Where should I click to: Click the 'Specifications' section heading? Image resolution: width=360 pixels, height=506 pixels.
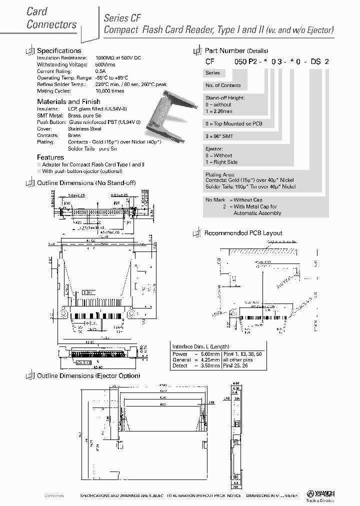[59, 50]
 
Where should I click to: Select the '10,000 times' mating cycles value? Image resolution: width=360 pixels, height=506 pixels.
[109, 91]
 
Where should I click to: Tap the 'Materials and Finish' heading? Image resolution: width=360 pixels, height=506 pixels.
[68, 101]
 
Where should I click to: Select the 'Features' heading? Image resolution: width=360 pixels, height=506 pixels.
[50, 157]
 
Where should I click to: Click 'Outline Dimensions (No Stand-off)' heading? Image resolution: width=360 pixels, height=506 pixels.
[86, 183]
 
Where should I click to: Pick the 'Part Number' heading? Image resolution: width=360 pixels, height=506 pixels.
[225, 50]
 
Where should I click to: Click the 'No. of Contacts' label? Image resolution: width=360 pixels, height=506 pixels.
[223, 85]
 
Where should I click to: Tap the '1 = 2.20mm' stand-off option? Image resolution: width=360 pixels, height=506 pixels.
[219, 111]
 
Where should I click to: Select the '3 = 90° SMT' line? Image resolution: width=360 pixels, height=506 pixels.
[219, 136]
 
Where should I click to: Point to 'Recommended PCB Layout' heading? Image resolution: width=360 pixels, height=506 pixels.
[243, 233]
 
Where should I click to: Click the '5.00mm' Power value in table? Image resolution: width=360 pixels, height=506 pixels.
[207, 353]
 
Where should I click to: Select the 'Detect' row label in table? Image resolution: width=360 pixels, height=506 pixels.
[180, 365]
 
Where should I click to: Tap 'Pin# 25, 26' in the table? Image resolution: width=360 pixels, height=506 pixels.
[236, 365]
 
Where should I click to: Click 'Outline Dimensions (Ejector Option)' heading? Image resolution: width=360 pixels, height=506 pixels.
[88, 375]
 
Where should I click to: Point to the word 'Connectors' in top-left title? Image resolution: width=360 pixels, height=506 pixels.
[51, 24]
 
